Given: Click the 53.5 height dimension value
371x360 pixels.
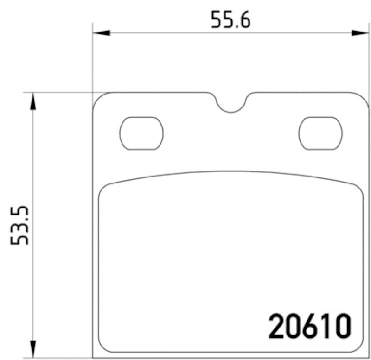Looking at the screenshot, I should pos(21,226).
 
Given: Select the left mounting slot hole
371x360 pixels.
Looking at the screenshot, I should pos(141,133).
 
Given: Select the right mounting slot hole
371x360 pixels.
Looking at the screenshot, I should pos(320,133).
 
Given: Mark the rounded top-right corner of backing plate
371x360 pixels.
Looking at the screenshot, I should pos(363,99).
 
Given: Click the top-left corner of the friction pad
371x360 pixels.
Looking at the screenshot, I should pos(105,189).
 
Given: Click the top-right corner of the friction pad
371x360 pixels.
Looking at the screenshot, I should pos(358,189).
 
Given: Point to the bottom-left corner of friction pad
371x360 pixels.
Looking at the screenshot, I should pos(104,347).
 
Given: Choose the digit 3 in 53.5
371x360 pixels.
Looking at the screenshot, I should pos(21,234).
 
